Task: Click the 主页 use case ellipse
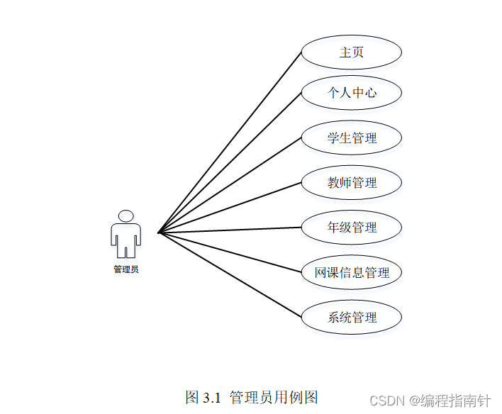click(x=351, y=52)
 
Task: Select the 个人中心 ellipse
click(x=351, y=93)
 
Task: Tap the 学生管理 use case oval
click(x=351, y=138)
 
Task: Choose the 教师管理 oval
click(x=351, y=183)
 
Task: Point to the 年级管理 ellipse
click(x=351, y=228)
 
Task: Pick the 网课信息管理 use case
click(x=351, y=272)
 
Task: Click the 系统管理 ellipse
click(x=351, y=317)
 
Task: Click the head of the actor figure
click(x=125, y=216)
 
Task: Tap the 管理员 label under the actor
click(x=125, y=269)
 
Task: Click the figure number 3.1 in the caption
click(x=212, y=397)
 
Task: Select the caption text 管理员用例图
click(x=274, y=397)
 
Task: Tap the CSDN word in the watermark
click(x=388, y=401)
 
